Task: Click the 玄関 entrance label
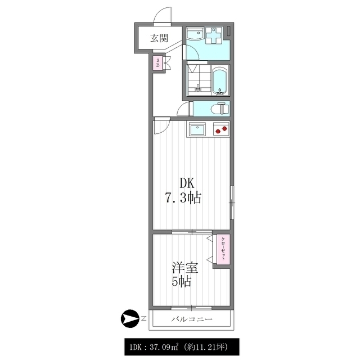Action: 159,38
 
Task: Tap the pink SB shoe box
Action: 157,62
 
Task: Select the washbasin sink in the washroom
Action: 195,35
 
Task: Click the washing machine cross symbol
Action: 214,35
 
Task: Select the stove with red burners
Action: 221,129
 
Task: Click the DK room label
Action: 187,183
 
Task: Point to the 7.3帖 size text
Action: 183,198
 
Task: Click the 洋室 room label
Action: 185,268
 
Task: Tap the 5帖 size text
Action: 181,281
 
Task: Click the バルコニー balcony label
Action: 192,319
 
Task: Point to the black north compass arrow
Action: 129,319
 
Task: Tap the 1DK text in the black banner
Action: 136,347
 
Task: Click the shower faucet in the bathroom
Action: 197,88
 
